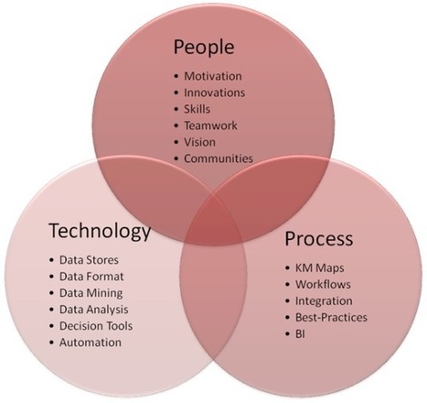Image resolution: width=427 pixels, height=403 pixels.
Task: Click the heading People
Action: point(204,48)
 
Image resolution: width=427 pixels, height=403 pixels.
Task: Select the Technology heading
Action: point(100,232)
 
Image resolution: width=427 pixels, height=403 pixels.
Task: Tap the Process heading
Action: point(319,238)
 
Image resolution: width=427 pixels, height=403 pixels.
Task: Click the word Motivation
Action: point(213,76)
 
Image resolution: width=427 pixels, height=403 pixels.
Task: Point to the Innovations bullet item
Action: point(214,93)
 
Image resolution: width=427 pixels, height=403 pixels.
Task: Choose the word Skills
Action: point(197,109)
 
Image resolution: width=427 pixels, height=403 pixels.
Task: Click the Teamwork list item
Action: point(210,125)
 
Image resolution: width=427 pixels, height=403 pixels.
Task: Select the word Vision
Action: point(199,142)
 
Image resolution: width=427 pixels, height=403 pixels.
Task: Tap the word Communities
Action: point(219,158)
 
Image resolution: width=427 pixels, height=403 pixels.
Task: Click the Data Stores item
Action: point(89,260)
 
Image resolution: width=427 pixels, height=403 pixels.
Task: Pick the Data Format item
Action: point(91,277)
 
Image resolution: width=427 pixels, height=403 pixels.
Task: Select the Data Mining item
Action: point(91,293)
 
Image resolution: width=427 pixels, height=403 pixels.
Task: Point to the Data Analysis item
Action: point(94,310)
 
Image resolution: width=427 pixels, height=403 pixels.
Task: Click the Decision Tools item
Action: point(96,326)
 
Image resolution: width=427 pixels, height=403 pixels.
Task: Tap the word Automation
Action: point(91,343)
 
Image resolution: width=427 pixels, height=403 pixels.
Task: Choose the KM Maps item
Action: point(320,268)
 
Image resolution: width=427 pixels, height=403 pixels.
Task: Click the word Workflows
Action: point(323,284)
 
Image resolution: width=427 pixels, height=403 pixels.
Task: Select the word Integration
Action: point(324,301)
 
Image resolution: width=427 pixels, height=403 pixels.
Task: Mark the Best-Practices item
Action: point(331,317)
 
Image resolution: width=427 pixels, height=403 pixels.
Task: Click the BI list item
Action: point(300,333)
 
